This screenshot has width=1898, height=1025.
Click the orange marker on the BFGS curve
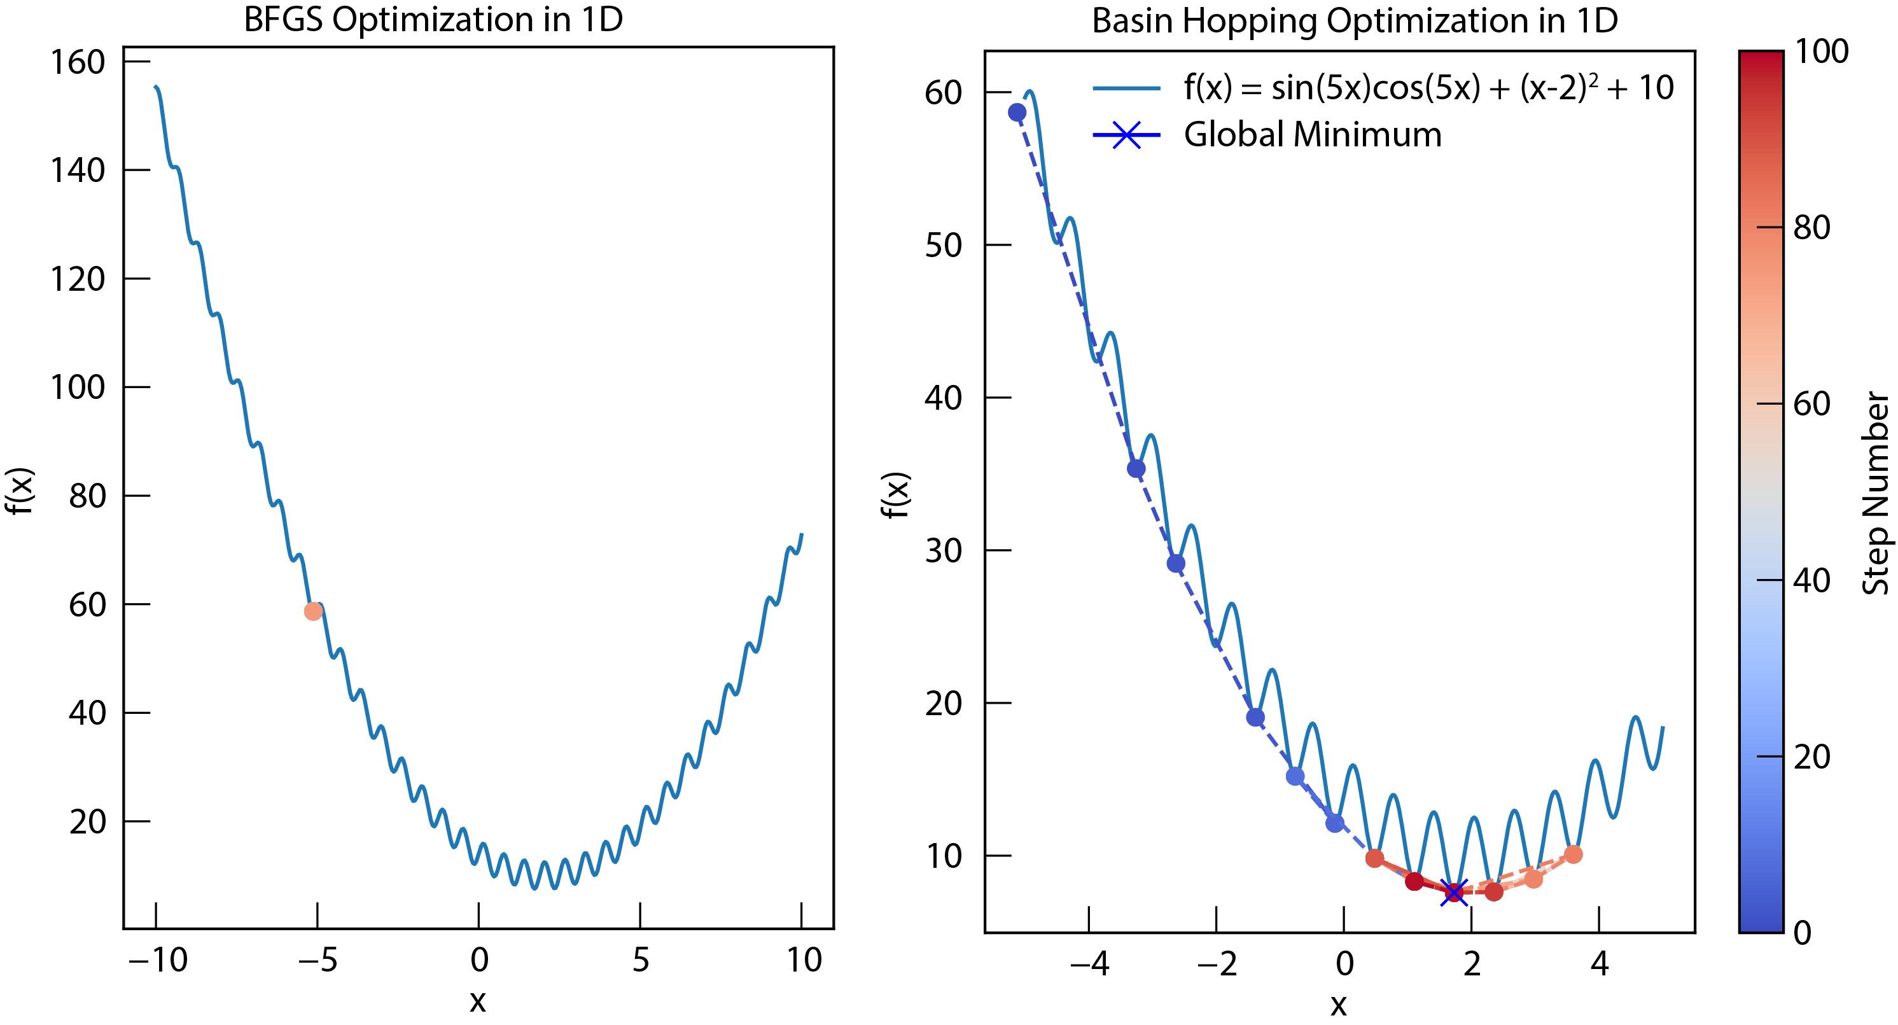tap(313, 611)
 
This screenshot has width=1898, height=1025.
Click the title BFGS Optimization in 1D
tap(433, 20)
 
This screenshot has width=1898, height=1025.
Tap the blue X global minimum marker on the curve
tap(1454, 893)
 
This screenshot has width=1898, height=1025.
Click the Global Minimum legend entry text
tap(1312, 135)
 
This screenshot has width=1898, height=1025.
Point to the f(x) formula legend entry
tap(1428, 88)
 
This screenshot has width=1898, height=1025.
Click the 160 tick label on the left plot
tap(78, 62)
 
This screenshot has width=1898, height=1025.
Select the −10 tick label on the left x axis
tap(157, 959)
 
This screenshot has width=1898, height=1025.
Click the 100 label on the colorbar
tap(1820, 52)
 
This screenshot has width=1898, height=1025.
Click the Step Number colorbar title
tap(1876, 493)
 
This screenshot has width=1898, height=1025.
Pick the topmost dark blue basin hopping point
tap(1017, 112)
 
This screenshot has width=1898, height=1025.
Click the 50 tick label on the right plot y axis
tap(943, 246)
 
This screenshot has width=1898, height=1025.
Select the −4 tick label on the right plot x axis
tap(1089, 963)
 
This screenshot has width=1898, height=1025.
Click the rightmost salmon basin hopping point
tap(1573, 854)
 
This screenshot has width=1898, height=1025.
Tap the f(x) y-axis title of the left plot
tap(20, 490)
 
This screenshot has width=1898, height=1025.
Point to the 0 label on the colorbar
tap(1802, 933)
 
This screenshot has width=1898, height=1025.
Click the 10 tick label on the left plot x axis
tap(803, 959)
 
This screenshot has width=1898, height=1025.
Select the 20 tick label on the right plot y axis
tap(943, 704)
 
